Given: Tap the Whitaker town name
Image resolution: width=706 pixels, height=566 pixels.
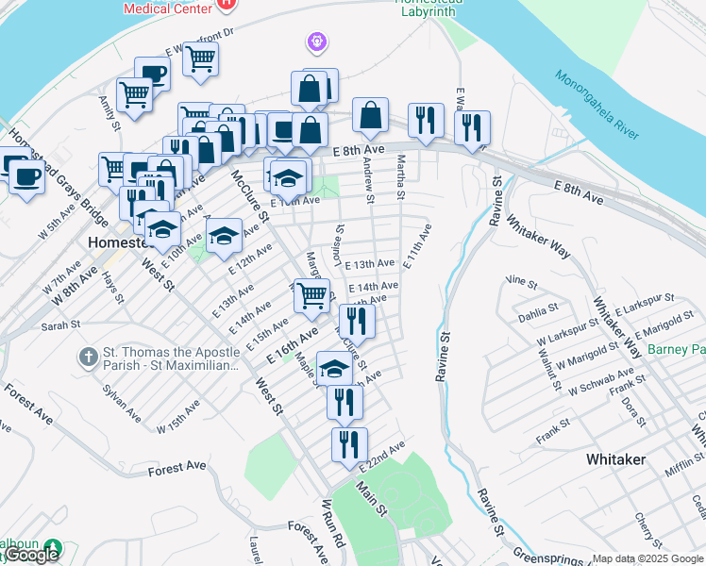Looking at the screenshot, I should [x=615, y=459].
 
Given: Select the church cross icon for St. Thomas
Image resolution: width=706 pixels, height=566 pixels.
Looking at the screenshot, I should [x=88, y=357].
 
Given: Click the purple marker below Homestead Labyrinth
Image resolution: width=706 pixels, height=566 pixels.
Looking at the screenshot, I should [x=315, y=42].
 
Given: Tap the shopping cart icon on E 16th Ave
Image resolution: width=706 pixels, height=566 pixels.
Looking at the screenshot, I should [x=311, y=295].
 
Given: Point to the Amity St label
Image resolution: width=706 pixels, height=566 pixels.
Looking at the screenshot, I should [x=106, y=112].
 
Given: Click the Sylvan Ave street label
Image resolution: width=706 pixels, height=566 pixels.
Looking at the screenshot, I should [x=122, y=403].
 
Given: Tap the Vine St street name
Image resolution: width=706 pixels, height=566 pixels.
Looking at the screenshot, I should [x=521, y=281].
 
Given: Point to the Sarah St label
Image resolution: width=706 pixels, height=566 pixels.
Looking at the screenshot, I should [x=59, y=325].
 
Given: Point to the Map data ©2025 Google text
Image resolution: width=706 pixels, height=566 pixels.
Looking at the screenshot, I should [x=647, y=558].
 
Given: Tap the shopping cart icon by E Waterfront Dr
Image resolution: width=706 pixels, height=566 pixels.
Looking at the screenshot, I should [x=200, y=58].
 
